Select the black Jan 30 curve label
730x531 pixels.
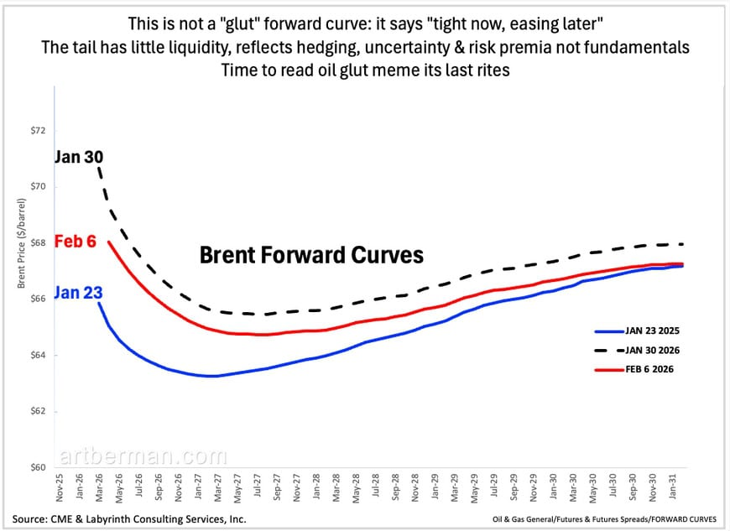79,156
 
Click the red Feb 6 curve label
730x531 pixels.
75,242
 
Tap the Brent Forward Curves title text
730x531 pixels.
311,255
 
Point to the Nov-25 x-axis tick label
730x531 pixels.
58,490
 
